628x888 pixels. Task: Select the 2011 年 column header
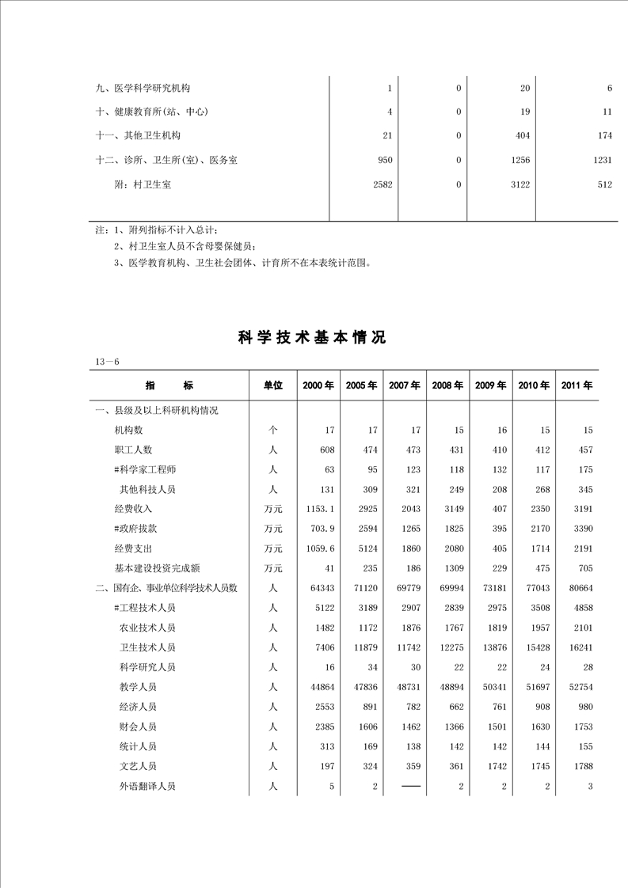click(x=577, y=385)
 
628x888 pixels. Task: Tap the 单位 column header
click(x=273, y=385)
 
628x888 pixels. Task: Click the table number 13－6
click(x=107, y=362)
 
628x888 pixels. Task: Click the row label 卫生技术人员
click(x=147, y=647)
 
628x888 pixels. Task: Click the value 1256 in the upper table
click(x=519, y=160)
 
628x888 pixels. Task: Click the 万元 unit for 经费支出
click(x=273, y=548)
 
